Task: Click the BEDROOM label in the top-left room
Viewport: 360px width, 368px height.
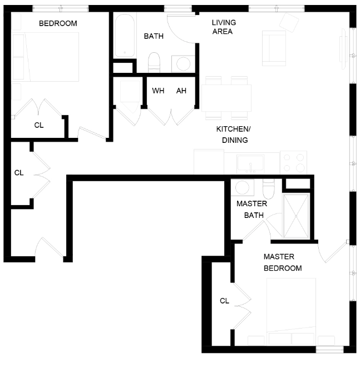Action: click(x=58, y=23)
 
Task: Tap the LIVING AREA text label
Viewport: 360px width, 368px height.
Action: click(x=224, y=27)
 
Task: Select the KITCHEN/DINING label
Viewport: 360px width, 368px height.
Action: click(x=234, y=135)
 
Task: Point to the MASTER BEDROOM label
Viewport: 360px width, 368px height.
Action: click(x=283, y=262)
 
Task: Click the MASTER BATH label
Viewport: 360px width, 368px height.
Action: click(x=251, y=209)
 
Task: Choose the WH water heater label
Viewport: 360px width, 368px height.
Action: click(x=158, y=91)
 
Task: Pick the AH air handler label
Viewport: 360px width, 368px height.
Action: click(x=181, y=91)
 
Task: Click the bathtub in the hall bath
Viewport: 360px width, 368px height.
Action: click(x=125, y=35)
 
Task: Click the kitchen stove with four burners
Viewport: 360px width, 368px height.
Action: click(x=293, y=162)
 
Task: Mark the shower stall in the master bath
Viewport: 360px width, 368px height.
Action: click(x=297, y=216)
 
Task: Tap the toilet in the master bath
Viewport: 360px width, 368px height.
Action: click(x=268, y=189)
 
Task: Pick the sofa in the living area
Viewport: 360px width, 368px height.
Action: click(x=274, y=47)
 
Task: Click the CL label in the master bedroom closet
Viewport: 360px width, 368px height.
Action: click(x=224, y=301)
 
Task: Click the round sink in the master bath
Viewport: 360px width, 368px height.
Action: click(x=243, y=187)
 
